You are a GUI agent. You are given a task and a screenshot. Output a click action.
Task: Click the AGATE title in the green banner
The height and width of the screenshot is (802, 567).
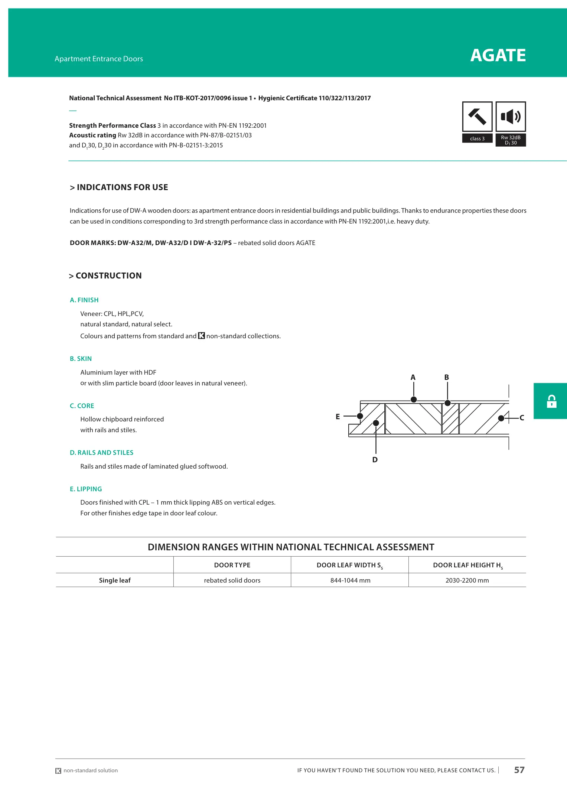(x=498, y=56)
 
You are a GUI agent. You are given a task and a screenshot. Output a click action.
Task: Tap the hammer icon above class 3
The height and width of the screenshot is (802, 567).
(x=477, y=117)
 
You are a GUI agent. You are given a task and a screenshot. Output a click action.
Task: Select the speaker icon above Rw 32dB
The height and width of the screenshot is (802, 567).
(x=511, y=117)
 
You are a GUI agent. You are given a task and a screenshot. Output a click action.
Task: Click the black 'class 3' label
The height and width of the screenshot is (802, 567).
(x=477, y=138)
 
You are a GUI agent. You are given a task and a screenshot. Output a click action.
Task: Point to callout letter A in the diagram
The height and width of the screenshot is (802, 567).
(x=413, y=377)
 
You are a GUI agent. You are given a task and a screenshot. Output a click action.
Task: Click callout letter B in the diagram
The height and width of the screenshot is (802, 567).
(x=447, y=377)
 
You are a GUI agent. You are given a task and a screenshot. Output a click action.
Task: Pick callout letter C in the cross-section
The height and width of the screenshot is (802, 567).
(x=522, y=418)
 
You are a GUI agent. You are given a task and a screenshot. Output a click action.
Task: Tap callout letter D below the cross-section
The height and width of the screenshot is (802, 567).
(x=375, y=460)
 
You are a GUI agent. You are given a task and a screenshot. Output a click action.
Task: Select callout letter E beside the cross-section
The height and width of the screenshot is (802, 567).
(x=338, y=417)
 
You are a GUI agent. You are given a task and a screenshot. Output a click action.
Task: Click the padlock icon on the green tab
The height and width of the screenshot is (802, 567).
(x=551, y=401)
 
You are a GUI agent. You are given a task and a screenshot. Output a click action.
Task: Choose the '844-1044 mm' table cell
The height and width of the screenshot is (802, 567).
(x=350, y=580)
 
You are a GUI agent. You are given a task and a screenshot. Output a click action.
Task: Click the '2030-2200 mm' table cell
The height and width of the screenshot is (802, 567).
(x=467, y=580)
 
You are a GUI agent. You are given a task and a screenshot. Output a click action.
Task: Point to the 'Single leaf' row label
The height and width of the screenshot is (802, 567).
(x=115, y=580)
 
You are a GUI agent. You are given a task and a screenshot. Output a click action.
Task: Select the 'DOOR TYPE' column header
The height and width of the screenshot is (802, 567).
(x=232, y=565)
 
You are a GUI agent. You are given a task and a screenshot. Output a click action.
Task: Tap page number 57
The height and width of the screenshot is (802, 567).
(x=519, y=770)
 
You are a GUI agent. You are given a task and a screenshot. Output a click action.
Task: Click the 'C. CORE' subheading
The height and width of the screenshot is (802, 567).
(x=82, y=406)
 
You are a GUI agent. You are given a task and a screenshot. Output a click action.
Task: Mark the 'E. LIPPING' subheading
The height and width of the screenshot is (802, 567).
(x=86, y=489)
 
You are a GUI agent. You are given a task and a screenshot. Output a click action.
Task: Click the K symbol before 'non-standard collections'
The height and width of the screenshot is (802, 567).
(x=201, y=336)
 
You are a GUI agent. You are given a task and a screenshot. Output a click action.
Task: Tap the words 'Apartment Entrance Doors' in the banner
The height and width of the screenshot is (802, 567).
(x=99, y=59)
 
